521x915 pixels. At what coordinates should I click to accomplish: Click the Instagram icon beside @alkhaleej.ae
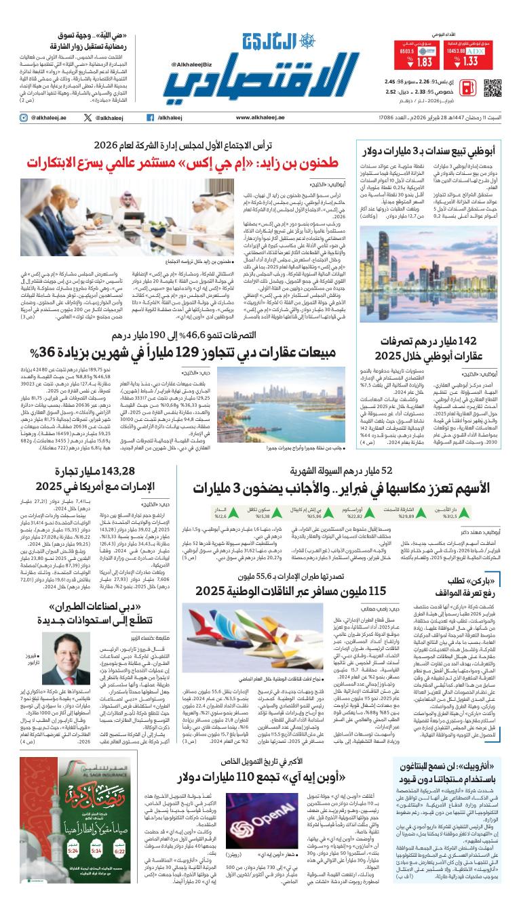coord(23,118)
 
